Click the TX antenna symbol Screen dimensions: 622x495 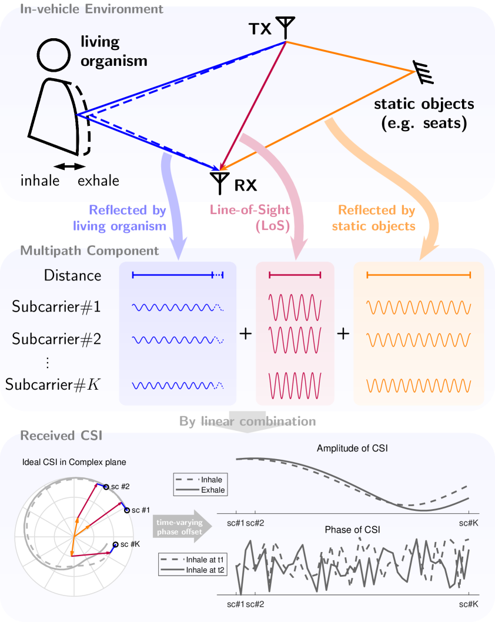coord(286,26)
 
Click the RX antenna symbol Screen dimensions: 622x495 coord(219,182)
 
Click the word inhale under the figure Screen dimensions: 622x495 coord(40,180)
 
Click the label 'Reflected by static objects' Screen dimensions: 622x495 coord(377,218)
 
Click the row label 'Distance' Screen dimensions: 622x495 coord(72,275)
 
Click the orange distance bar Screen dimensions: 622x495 coord(419,275)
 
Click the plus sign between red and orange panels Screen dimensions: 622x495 coord(343,333)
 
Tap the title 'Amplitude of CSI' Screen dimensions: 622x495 coord(352,449)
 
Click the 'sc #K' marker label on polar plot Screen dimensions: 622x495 coord(130,544)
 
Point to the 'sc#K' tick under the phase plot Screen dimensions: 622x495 coord(469,604)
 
